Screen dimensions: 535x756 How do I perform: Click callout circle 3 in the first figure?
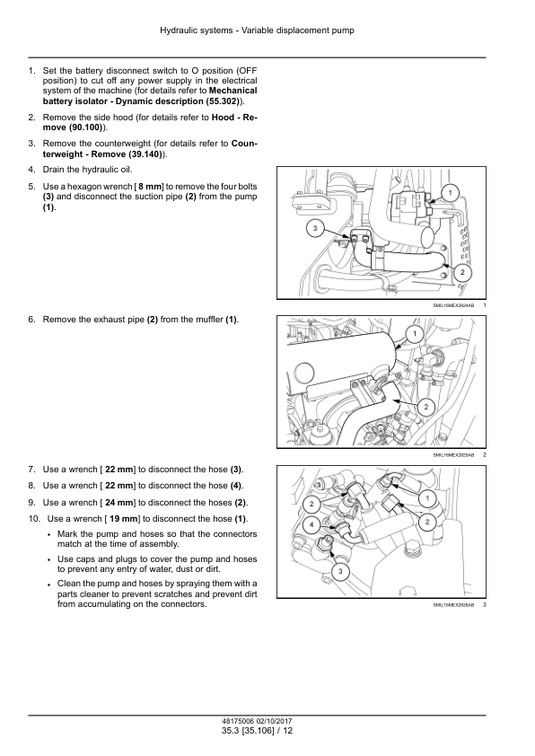click(x=315, y=228)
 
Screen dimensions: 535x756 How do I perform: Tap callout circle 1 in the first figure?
click(x=450, y=194)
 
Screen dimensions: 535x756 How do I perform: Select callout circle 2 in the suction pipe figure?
click(x=462, y=273)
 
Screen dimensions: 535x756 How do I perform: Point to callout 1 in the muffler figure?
click(x=415, y=334)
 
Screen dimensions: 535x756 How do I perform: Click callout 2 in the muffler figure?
click(x=425, y=408)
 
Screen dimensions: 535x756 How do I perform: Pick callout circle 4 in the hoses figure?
click(x=311, y=524)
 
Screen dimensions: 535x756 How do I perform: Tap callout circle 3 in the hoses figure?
click(x=340, y=572)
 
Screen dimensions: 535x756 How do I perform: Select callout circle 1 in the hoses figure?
click(x=427, y=498)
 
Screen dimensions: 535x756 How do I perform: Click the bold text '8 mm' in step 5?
click(x=151, y=187)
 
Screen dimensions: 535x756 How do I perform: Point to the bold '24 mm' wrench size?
click(x=119, y=503)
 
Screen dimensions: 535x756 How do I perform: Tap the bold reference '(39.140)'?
click(x=145, y=154)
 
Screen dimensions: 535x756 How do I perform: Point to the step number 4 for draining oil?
click(x=31, y=170)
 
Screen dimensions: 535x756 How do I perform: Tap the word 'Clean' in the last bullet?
click(x=69, y=584)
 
